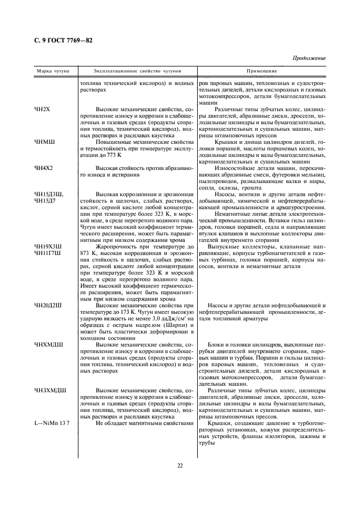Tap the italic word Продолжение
point(309,58)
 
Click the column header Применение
point(262,71)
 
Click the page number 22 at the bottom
point(180,465)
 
